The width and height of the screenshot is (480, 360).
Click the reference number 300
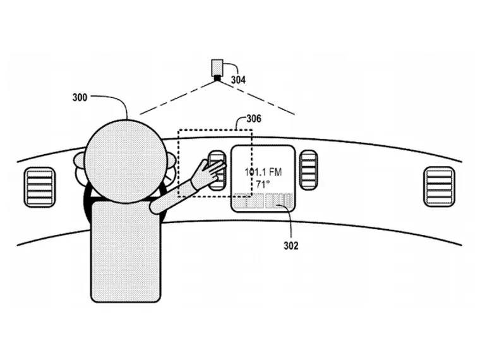[80, 98]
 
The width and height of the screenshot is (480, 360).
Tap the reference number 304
[238, 80]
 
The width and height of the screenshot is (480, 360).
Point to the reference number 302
[291, 245]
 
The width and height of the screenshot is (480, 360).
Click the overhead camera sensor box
[218, 68]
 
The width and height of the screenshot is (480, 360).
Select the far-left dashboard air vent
[39, 186]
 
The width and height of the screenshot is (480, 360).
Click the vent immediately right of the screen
[308, 170]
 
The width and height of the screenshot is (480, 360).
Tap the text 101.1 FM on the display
[263, 171]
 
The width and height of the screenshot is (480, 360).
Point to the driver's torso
[126, 253]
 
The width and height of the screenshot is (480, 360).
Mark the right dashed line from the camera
[259, 96]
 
